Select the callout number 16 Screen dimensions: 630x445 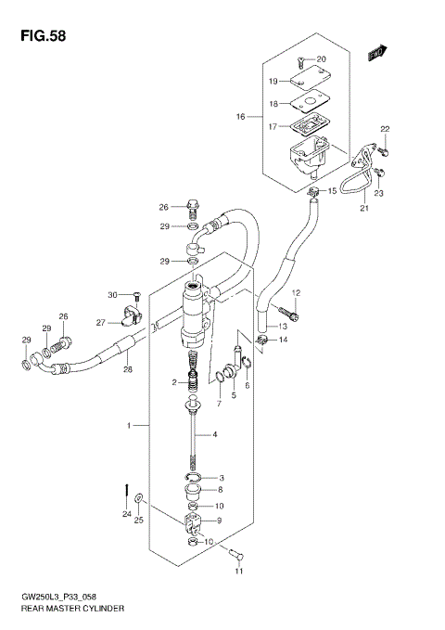pyautogui.click(x=240, y=117)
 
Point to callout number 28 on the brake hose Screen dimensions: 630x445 pyautogui.click(x=129, y=369)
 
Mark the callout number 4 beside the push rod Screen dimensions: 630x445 pyautogui.click(x=213, y=434)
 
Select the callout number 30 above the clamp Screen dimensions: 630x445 pyautogui.click(x=111, y=295)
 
